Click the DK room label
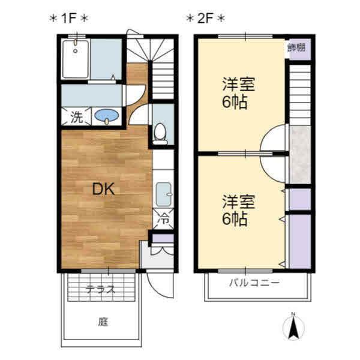coord(103,189)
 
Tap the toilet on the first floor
coord(160,134)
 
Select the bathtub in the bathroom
coord(76,59)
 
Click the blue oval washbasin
coord(107,115)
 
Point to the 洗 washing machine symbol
coord(76,117)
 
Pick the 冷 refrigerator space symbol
coord(163,219)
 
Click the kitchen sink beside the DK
coord(163,194)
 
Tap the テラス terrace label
coord(100,289)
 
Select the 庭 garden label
coord(103,322)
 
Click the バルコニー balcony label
coord(254,283)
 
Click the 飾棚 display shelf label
coord(296,48)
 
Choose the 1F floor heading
coord(68,18)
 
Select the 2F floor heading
coord(205,18)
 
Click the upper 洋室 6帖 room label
coord(238,93)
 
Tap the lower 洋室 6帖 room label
coord(238,210)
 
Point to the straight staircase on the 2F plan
coord(300,95)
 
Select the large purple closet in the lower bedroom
coord(300,241)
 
